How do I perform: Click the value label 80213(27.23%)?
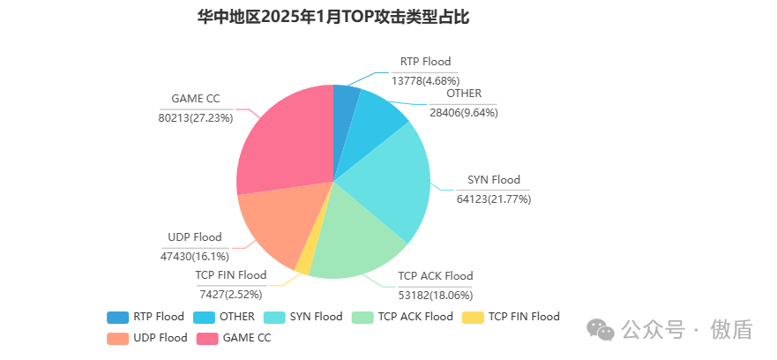click(196, 117)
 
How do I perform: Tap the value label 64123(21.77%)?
click(493, 199)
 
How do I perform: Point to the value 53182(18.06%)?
click(436, 295)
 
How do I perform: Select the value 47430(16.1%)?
click(194, 256)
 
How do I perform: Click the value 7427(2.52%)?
click(230, 294)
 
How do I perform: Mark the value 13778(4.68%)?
click(425, 80)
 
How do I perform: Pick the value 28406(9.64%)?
click(464, 112)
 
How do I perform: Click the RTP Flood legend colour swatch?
click(117, 317)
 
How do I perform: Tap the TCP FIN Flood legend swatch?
click(473, 317)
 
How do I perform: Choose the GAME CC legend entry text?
click(247, 338)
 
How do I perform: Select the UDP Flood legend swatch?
click(117, 338)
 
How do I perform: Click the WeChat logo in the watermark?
click(602, 329)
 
